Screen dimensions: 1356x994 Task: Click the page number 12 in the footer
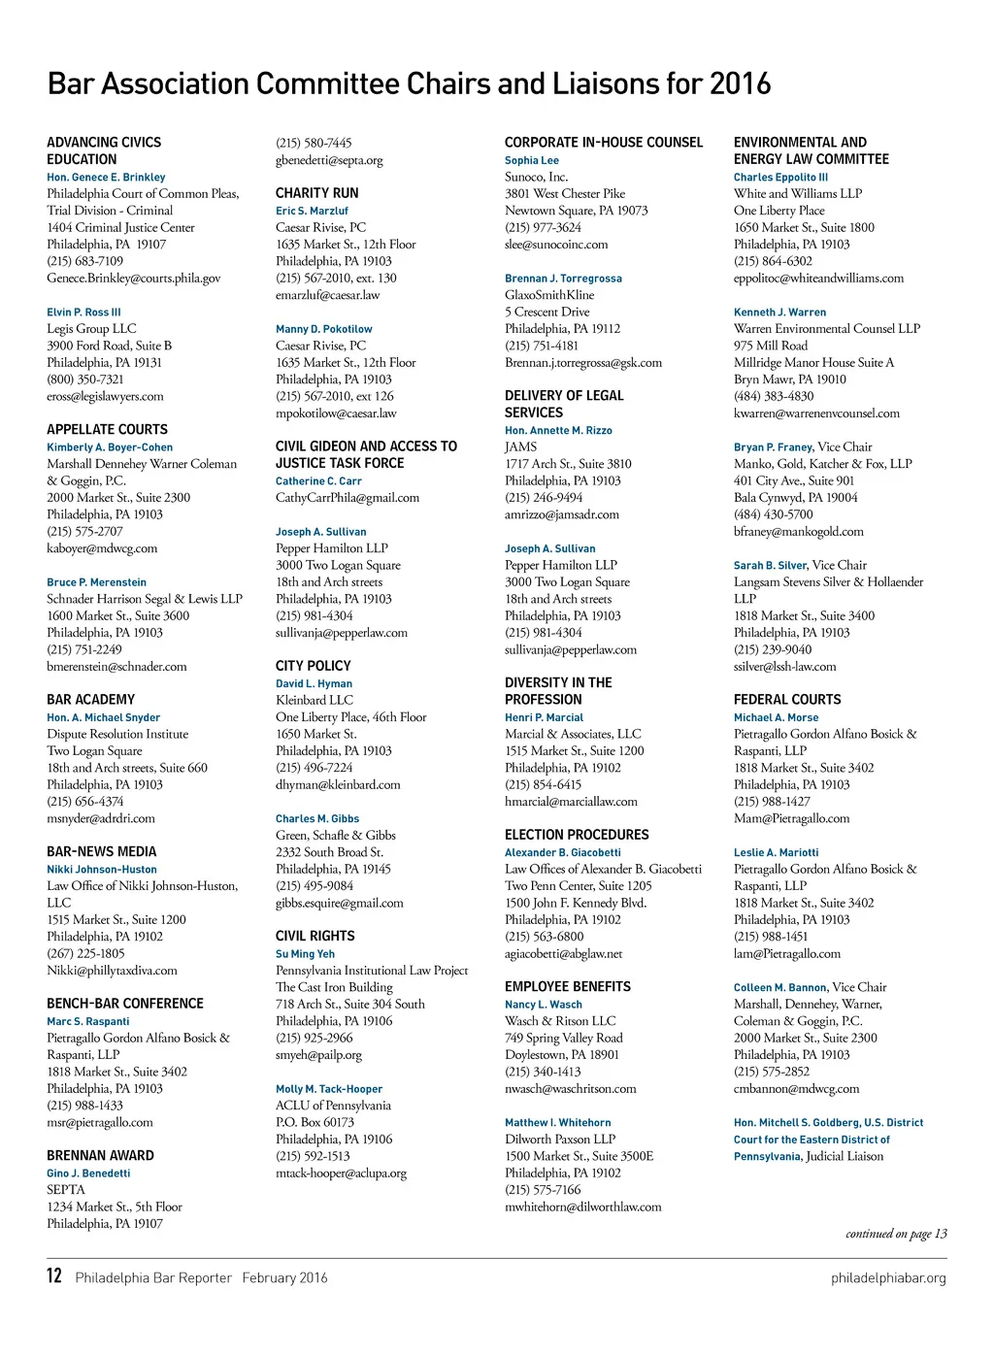click(54, 1274)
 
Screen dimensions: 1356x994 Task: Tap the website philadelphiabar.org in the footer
click(888, 1277)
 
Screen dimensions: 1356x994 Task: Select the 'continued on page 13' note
click(896, 1234)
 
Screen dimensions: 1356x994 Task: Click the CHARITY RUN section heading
click(316, 193)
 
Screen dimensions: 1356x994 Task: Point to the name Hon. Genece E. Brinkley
click(106, 178)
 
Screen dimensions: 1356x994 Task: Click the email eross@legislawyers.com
click(105, 396)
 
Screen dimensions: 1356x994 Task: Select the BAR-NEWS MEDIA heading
click(101, 851)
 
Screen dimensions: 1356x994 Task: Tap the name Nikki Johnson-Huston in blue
click(102, 870)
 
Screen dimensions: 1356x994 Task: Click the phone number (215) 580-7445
click(314, 143)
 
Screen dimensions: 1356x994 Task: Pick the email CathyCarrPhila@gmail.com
click(348, 498)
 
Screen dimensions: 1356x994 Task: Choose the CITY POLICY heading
click(313, 666)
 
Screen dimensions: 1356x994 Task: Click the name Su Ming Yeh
click(305, 954)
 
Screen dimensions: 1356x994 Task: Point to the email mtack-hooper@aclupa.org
click(341, 1173)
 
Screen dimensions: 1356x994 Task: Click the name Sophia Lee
click(532, 160)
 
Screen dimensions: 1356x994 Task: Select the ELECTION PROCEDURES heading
click(577, 835)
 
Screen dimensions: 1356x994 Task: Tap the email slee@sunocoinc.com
click(556, 245)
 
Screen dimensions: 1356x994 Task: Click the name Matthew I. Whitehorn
click(558, 1122)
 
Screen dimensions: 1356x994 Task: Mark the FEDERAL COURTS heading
click(787, 699)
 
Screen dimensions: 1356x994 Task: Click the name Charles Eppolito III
click(780, 178)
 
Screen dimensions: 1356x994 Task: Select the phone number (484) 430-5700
click(774, 514)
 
